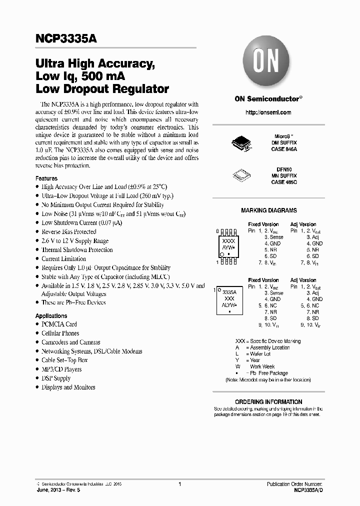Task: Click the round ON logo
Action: (x=268, y=64)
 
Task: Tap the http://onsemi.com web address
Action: (x=268, y=112)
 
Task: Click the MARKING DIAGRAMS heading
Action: (x=268, y=210)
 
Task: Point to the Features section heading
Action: (x=46, y=178)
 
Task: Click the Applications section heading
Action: (x=51, y=316)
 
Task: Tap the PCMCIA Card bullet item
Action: (x=59, y=324)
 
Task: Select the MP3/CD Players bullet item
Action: (x=61, y=369)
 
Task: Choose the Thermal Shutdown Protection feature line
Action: (x=77, y=250)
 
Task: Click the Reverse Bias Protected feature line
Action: (x=69, y=232)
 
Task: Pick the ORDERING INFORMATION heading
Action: (x=268, y=402)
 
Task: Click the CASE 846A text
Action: (x=284, y=149)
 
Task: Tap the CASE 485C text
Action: (x=284, y=182)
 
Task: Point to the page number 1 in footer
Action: (x=179, y=484)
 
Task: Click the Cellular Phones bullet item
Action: (x=60, y=333)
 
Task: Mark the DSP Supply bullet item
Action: (x=56, y=378)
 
